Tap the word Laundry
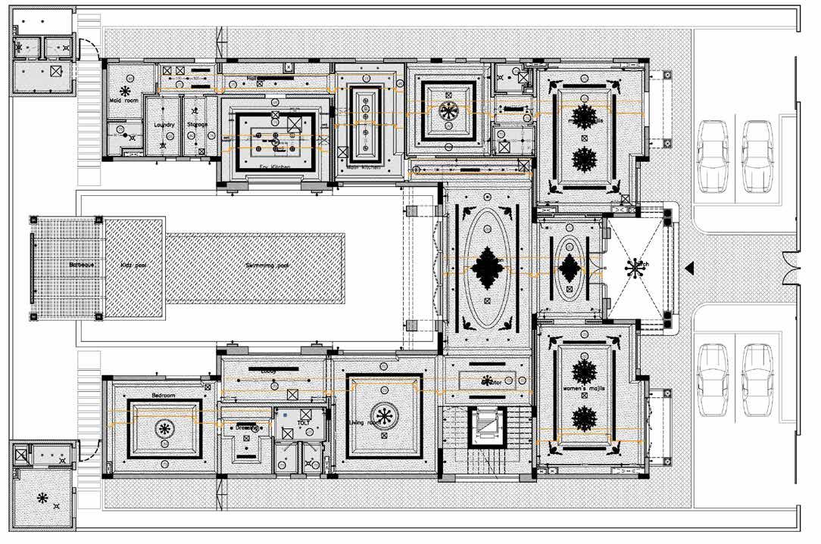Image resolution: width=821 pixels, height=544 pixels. coord(164,125)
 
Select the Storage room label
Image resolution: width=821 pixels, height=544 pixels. coord(197,125)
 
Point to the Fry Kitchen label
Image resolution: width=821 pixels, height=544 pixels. coord(274,167)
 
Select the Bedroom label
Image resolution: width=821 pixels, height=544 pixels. coord(163,396)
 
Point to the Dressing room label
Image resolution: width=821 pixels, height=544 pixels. coord(247,427)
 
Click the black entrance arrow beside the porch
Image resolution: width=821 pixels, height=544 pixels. coord(689,268)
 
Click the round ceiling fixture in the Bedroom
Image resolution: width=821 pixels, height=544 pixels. coord(164,429)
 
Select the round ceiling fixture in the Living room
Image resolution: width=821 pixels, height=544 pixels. coord(384,415)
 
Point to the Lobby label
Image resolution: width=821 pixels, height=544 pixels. coord(269,371)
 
